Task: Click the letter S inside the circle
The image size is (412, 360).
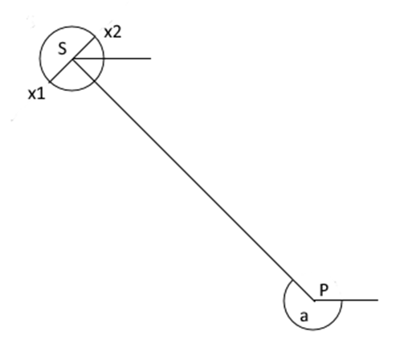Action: (63, 49)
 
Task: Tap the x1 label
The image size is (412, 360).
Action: (37, 94)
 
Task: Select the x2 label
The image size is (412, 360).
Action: (112, 32)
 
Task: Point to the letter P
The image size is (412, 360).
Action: (324, 289)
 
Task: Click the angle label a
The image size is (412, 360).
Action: (304, 317)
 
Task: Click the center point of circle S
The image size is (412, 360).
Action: (73, 59)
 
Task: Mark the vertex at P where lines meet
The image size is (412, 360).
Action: (314, 301)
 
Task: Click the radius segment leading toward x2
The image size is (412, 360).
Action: (84, 47)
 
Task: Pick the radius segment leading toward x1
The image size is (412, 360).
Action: (61, 70)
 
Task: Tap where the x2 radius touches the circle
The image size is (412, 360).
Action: (95, 37)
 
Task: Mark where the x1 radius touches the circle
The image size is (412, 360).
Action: (50, 81)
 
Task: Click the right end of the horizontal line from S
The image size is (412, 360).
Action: (151, 58)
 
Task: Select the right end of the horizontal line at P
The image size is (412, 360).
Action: (378, 300)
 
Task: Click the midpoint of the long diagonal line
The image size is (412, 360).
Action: (194, 179)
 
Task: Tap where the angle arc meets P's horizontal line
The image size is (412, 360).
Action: (342, 301)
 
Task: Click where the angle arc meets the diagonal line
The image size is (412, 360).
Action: (293, 280)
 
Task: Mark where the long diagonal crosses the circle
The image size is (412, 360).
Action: (95, 80)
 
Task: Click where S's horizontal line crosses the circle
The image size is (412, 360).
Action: (104, 59)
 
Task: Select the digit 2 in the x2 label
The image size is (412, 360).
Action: (117, 32)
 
